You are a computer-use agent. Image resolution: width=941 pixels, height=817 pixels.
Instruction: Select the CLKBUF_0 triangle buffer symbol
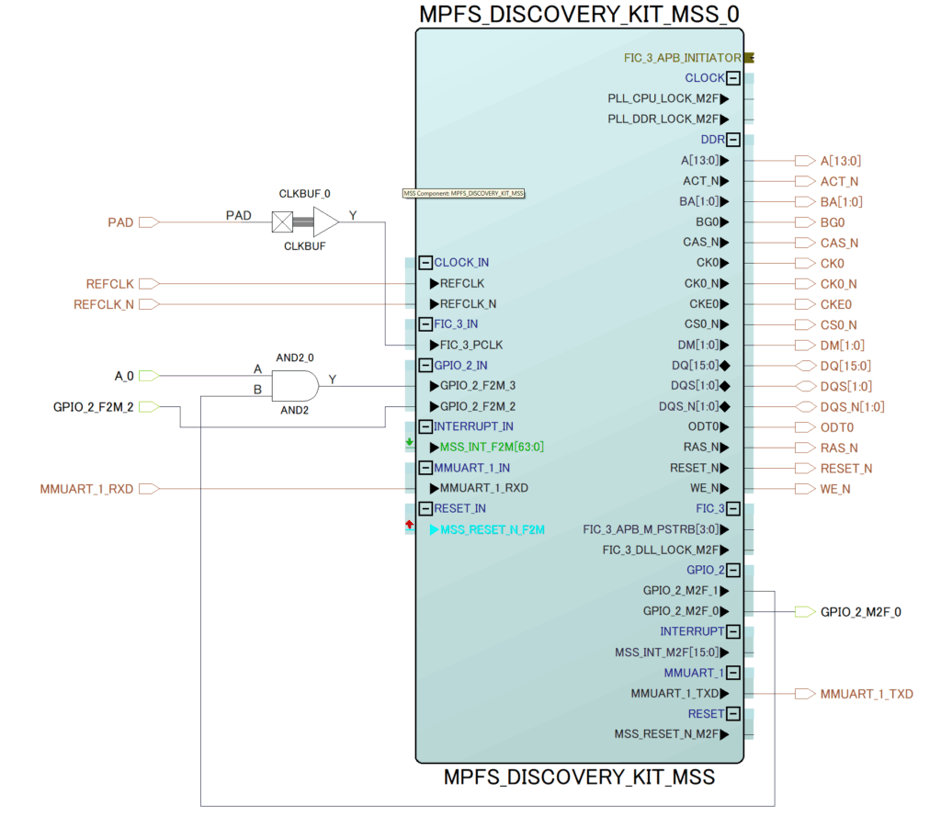pos(325,221)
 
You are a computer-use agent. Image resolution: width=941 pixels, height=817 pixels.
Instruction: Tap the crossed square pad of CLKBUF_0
pos(282,221)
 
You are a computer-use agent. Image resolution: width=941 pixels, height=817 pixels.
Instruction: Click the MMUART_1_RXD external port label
pos(86,488)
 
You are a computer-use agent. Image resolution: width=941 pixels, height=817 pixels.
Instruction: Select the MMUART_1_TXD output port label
pos(867,694)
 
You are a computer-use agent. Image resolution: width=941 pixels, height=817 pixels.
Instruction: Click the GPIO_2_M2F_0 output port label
pos(860,611)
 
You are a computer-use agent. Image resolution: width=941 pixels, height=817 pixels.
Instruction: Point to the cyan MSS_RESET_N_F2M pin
pos(492,529)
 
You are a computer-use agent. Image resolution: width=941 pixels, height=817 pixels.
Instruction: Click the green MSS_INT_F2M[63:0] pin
pos(492,448)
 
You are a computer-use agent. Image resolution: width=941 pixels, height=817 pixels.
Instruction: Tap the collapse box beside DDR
pos(733,140)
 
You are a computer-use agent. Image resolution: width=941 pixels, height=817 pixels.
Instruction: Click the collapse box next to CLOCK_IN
pos(425,263)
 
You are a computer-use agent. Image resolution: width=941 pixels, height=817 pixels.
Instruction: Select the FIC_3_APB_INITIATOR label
pos(682,58)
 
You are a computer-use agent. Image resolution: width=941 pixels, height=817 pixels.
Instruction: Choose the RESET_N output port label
pos(846,468)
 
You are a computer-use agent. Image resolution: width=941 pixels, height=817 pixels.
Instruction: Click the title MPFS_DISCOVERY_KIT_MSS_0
pos(579,14)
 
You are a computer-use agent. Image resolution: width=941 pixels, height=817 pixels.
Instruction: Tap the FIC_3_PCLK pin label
pos(471,345)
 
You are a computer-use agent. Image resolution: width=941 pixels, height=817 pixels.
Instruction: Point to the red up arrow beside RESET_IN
pos(409,525)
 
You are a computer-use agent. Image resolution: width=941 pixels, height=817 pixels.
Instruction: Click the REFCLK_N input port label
pos(104,304)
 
